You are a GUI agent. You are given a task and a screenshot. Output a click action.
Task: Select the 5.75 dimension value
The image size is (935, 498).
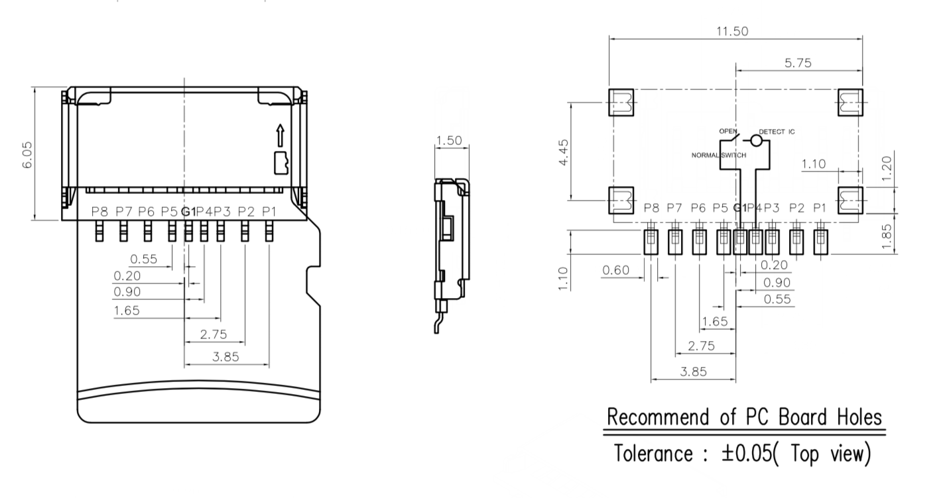(798, 63)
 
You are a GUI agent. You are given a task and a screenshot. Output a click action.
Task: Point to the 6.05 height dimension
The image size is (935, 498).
(28, 154)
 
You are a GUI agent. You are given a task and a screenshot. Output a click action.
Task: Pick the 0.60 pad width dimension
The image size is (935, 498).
(615, 270)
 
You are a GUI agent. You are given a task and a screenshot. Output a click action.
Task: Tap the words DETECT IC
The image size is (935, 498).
(777, 132)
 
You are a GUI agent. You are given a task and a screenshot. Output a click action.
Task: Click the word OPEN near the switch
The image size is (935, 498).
(727, 131)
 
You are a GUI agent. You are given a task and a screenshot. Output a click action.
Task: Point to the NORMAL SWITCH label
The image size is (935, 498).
(719, 155)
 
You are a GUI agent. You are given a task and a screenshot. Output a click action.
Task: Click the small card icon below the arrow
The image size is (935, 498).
(281, 162)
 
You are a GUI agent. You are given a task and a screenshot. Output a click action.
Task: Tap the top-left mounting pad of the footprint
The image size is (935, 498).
(621, 103)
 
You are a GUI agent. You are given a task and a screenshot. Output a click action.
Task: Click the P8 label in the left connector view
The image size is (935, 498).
(99, 211)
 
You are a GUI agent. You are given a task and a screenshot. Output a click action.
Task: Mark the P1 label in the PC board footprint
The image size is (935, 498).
(820, 208)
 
